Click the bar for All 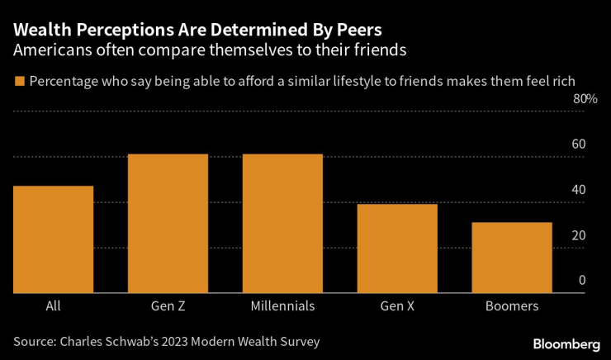(x=54, y=239)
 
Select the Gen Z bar (x=168, y=224)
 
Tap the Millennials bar (x=282, y=224)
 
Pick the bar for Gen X (x=397, y=249)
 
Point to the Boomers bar (x=512, y=258)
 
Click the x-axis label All (x=54, y=306)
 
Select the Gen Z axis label (x=168, y=306)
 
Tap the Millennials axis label (x=282, y=306)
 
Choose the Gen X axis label (x=397, y=306)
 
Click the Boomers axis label (x=512, y=306)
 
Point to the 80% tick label (x=585, y=99)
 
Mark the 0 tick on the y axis (x=581, y=281)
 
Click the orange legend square (x=18, y=81)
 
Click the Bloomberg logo (x=566, y=343)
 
